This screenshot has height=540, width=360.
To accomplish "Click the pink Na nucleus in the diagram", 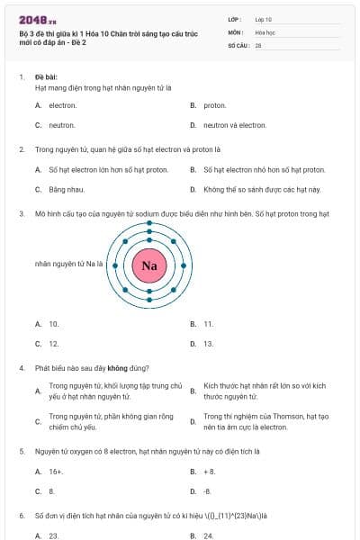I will point(149,265).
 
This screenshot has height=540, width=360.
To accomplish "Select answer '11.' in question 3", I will point(208,323).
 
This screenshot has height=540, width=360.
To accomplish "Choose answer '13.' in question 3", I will point(208,344).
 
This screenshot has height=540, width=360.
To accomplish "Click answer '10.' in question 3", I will point(54,323).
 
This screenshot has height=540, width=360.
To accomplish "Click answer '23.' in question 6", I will point(54,535).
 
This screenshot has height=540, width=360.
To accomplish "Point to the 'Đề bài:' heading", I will point(46,77).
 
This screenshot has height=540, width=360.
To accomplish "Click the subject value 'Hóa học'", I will point(266,31).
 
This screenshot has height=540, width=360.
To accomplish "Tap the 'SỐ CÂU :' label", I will point(239,45).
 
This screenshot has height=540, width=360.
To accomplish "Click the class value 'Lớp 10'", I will point(264,18).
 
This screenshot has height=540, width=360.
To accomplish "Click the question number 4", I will point(21,367).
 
